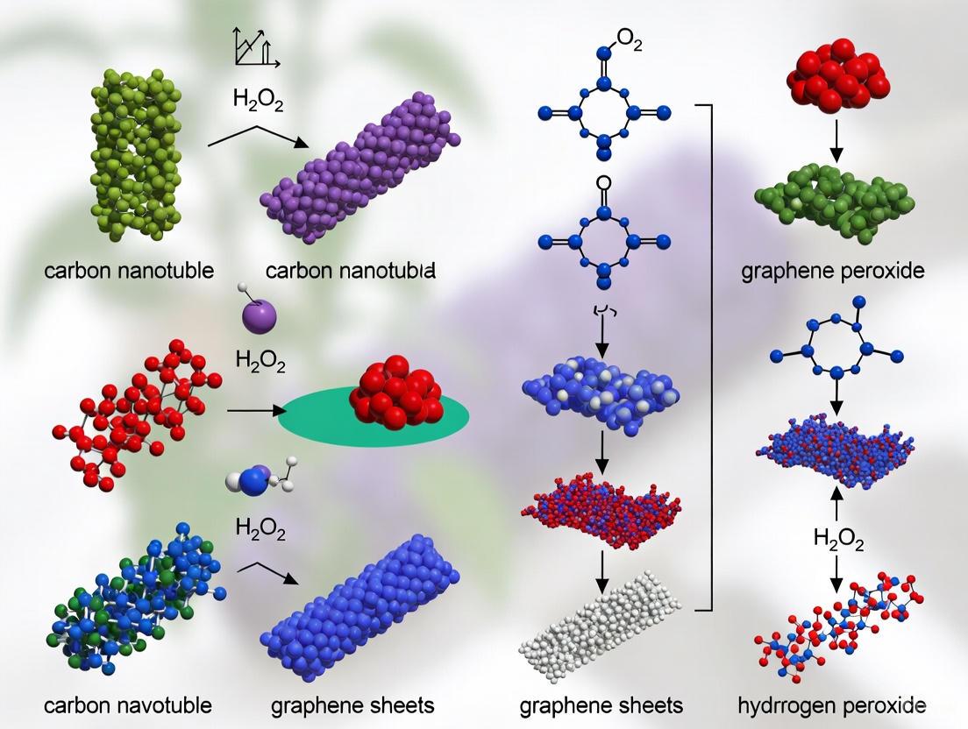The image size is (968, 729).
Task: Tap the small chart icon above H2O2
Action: coord(254,49)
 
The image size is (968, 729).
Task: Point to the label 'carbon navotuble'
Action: coord(127,704)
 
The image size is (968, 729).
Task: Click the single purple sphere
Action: coord(258,314)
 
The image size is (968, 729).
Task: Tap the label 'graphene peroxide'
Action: coord(832,270)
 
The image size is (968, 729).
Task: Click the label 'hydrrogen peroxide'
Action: coord(832,704)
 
